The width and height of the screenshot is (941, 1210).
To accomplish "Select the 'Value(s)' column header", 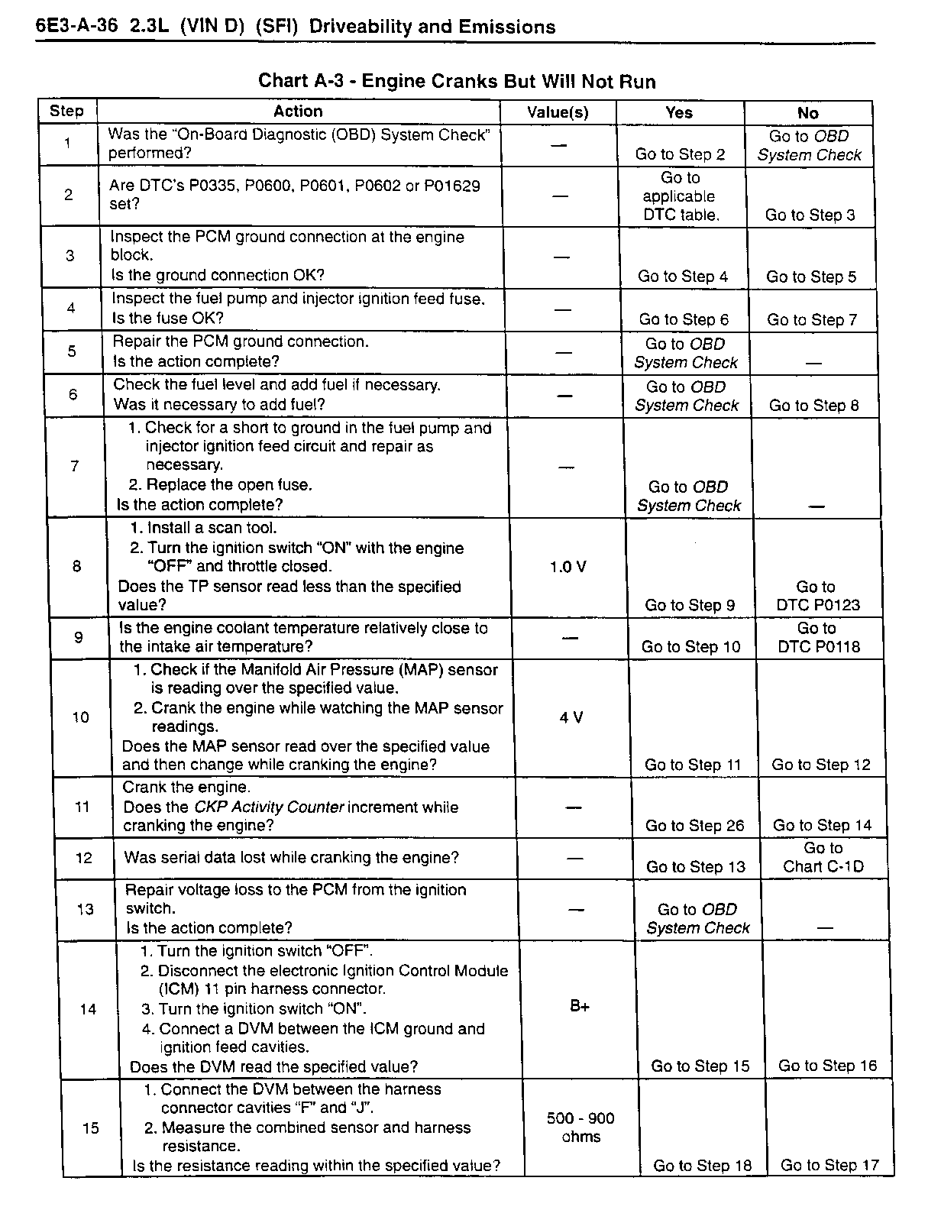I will coord(558,112).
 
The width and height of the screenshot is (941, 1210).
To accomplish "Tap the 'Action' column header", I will coord(298,112).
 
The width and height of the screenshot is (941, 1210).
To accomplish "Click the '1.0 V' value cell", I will coord(568,567).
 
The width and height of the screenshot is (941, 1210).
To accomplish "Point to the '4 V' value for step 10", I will coord(571,717).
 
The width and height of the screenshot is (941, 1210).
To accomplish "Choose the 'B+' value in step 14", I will coord(580,1006).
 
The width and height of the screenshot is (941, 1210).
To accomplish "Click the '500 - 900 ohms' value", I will coord(580,1127).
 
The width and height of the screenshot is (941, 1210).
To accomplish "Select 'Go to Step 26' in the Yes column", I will coord(694,825).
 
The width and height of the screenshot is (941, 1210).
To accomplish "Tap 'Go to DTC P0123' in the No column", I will coord(817,596).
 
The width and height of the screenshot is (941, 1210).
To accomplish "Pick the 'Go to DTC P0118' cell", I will coord(818,637).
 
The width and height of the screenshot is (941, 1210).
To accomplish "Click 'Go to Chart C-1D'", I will coord(823,857).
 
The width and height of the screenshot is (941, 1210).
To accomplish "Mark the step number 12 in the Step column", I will coord(84,858).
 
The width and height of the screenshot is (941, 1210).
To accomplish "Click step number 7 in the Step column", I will coord(74,466).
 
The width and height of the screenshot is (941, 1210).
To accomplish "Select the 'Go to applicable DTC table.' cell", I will coord(679,196).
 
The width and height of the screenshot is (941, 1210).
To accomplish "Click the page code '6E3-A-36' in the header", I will coord(77,26).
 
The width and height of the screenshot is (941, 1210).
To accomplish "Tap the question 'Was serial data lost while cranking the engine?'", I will coord(292,858).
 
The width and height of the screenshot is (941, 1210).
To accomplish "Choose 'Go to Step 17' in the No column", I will coord(829,1165).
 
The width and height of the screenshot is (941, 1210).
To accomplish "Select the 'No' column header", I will coord(807,113).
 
